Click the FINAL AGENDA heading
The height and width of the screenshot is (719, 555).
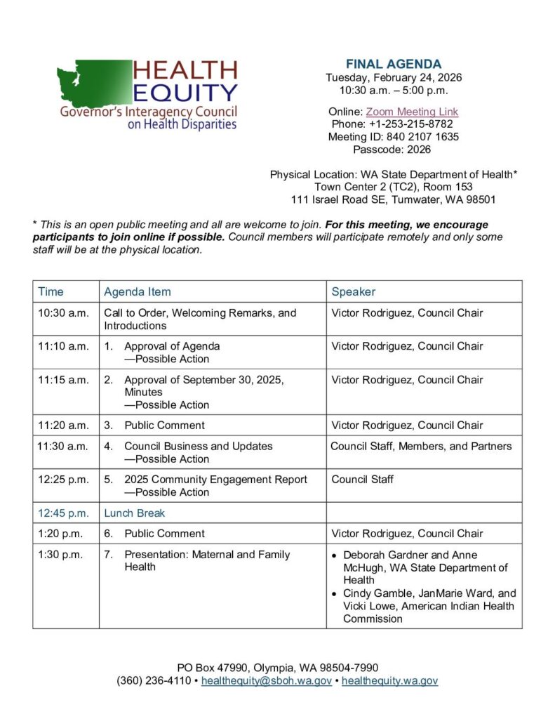click(x=394, y=65)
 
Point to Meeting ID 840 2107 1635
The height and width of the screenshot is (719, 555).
click(x=394, y=137)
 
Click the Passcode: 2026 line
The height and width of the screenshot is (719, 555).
click(x=394, y=150)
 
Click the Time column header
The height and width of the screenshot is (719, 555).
click(x=51, y=291)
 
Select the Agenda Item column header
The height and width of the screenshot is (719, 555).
click(x=138, y=291)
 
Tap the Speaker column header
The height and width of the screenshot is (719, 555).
click(x=353, y=291)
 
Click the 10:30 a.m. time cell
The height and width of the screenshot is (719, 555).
click(x=63, y=313)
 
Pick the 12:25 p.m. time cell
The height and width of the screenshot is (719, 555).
click(x=63, y=480)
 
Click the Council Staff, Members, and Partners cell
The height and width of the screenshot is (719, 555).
click(x=421, y=447)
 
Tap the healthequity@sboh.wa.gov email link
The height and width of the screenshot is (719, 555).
click(x=267, y=680)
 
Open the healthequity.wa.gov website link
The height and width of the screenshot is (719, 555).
click(x=389, y=680)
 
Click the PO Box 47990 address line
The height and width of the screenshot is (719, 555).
click(x=278, y=667)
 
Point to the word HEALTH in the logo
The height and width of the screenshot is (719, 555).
click(x=185, y=70)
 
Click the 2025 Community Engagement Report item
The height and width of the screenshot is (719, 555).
click(x=215, y=480)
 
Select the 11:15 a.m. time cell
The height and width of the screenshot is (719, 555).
click(x=63, y=380)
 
